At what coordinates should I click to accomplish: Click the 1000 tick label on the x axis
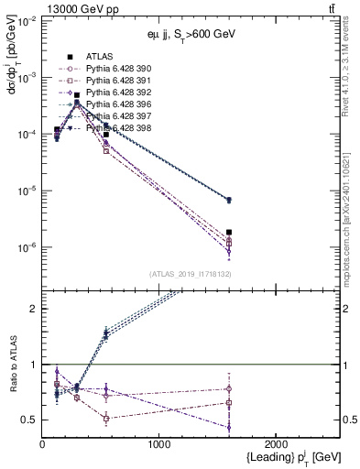(158, 444)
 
